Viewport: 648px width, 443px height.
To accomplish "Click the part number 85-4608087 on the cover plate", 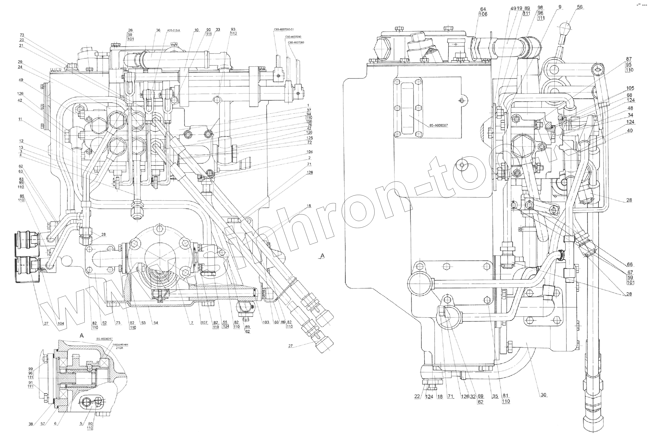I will coord(438,125).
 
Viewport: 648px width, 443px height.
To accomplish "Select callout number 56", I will coord(580,7).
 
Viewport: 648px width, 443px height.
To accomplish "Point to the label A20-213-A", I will coord(173,30).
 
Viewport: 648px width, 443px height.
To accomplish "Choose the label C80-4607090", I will coord(293,37).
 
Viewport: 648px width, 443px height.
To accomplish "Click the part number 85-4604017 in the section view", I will coord(104,339).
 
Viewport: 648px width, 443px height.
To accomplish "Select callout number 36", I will coord(158,30).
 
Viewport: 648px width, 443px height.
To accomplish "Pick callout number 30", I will coord(543,395).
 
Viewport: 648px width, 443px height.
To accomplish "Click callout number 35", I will coord(495,396).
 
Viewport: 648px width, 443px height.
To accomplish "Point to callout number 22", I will coord(417,396).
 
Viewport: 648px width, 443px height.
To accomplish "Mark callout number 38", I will coord(31,424).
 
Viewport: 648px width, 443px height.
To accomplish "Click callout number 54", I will coord(156,323).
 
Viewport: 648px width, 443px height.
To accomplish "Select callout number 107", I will coord(204,322).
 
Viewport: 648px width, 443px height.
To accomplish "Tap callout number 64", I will coord(483,9).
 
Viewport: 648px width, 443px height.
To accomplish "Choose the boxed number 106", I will coord(483,14).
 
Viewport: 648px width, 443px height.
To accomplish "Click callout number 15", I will coord(309,206).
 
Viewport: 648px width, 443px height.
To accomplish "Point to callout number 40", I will coord(630,130).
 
